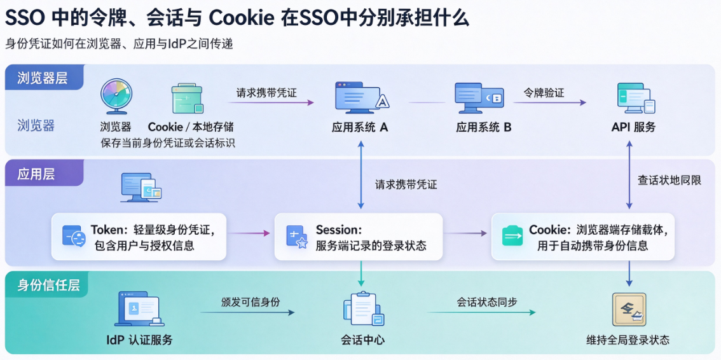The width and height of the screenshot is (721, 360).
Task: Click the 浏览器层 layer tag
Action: point(45,77)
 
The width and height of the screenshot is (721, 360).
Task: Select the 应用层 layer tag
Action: point(44,174)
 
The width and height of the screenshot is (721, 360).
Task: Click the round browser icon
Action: point(116,96)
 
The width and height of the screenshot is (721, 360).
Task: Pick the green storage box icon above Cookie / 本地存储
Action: point(187,99)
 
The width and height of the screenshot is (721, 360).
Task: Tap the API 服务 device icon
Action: point(636,98)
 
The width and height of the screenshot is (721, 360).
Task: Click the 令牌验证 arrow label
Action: point(544,92)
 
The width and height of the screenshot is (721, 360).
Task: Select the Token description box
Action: point(139,237)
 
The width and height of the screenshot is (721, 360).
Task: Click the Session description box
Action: point(359,237)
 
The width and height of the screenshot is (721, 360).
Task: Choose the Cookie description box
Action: point(583,237)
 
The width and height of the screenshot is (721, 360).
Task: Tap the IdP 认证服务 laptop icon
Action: point(139,309)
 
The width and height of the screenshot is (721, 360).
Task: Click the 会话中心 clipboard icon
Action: point(363,308)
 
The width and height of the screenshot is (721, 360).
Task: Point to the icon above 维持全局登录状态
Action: point(629,309)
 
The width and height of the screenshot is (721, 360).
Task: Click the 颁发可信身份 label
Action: point(250,301)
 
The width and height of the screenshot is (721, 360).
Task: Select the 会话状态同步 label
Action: point(486,301)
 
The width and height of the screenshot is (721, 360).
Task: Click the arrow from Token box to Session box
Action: point(249,233)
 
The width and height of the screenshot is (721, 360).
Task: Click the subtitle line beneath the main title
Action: point(120,44)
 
